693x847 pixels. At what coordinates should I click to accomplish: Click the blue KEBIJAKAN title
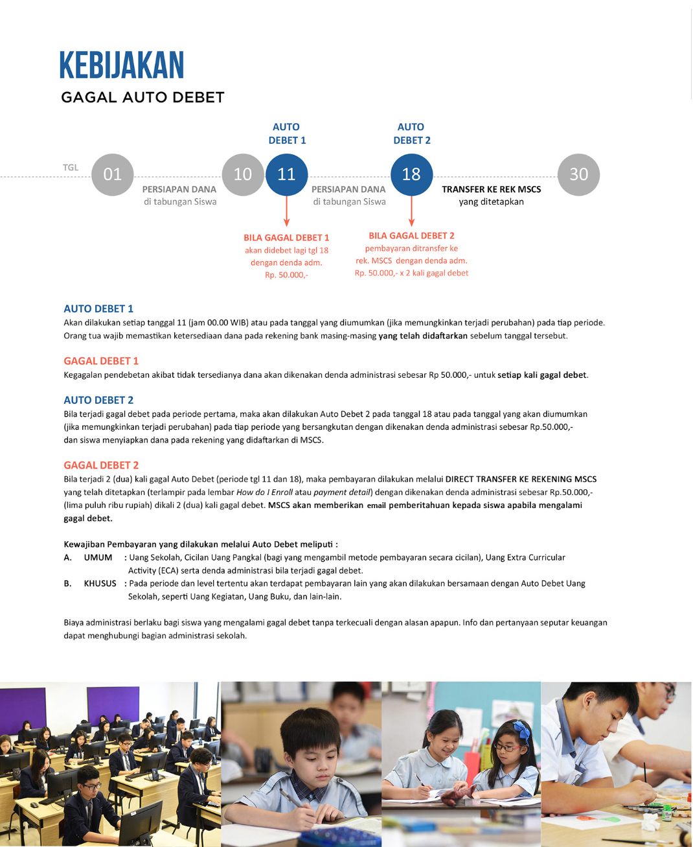click(x=122, y=65)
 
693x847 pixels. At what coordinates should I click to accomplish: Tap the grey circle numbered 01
click(x=112, y=174)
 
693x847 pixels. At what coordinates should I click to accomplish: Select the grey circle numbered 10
click(x=243, y=174)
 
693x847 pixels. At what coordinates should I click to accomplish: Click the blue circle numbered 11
click(x=286, y=174)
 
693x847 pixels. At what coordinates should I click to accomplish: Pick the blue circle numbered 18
click(x=411, y=174)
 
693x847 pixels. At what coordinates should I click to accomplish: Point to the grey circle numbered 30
click(x=578, y=174)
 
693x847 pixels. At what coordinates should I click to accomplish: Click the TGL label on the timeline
click(x=71, y=167)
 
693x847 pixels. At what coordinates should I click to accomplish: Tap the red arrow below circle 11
click(x=286, y=212)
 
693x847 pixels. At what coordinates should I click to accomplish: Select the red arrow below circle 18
click(x=411, y=212)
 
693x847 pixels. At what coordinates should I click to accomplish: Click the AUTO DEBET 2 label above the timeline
click(x=412, y=133)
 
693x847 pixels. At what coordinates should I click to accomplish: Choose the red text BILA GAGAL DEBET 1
click(x=286, y=238)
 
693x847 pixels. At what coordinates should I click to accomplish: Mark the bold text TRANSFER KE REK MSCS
click(x=491, y=189)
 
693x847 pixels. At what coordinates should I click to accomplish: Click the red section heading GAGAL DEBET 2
click(x=101, y=465)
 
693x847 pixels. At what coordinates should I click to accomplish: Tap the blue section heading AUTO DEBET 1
click(x=98, y=308)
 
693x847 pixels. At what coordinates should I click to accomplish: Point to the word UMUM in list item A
click(x=98, y=557)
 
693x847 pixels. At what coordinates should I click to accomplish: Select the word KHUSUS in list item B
click(x=100, y=583)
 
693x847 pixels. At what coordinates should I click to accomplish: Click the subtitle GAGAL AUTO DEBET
click(x=142, y=98)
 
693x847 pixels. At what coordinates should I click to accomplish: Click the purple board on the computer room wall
click(x=113, y=704)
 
